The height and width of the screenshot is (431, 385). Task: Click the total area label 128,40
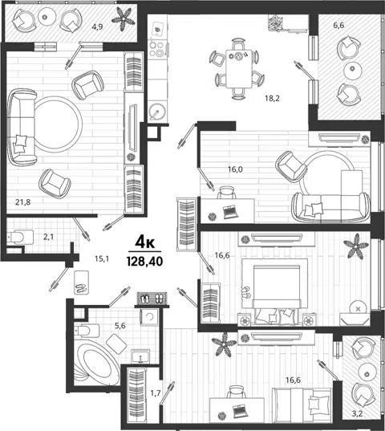click(x=144, y=261)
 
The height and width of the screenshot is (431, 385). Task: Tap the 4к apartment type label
click(x=144, y=242)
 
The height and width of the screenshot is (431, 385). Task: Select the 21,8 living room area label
click(x=22, y=202)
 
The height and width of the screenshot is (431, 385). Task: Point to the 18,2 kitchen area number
click(x=272, y=98)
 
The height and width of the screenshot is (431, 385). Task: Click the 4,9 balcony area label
click(x=97, y=26)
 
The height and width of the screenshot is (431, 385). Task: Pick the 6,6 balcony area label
click(x=338, y=26)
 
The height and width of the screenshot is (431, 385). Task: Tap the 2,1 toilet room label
click(x=49, y=237)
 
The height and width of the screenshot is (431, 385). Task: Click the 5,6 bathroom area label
click(x=120, y=326)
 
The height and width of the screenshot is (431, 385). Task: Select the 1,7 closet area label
click(x=156, y=393)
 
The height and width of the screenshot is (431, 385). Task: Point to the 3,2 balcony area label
click(x=357, y=413)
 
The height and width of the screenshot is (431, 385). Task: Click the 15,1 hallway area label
click(x=102, y=258)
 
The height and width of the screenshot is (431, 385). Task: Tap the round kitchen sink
click(x=156, y=112)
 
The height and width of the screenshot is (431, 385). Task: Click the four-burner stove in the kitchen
click(x=157, y=49)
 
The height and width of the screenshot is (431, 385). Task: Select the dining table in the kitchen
click(x=239, y=68)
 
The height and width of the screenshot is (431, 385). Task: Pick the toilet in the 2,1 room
click(x=20, y=237)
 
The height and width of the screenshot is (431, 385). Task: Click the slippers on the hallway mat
click(x=81, y=288)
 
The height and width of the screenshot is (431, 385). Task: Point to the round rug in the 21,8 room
click(x=59, y=124)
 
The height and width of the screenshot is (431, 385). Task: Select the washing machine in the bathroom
click(x=149, y=317)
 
